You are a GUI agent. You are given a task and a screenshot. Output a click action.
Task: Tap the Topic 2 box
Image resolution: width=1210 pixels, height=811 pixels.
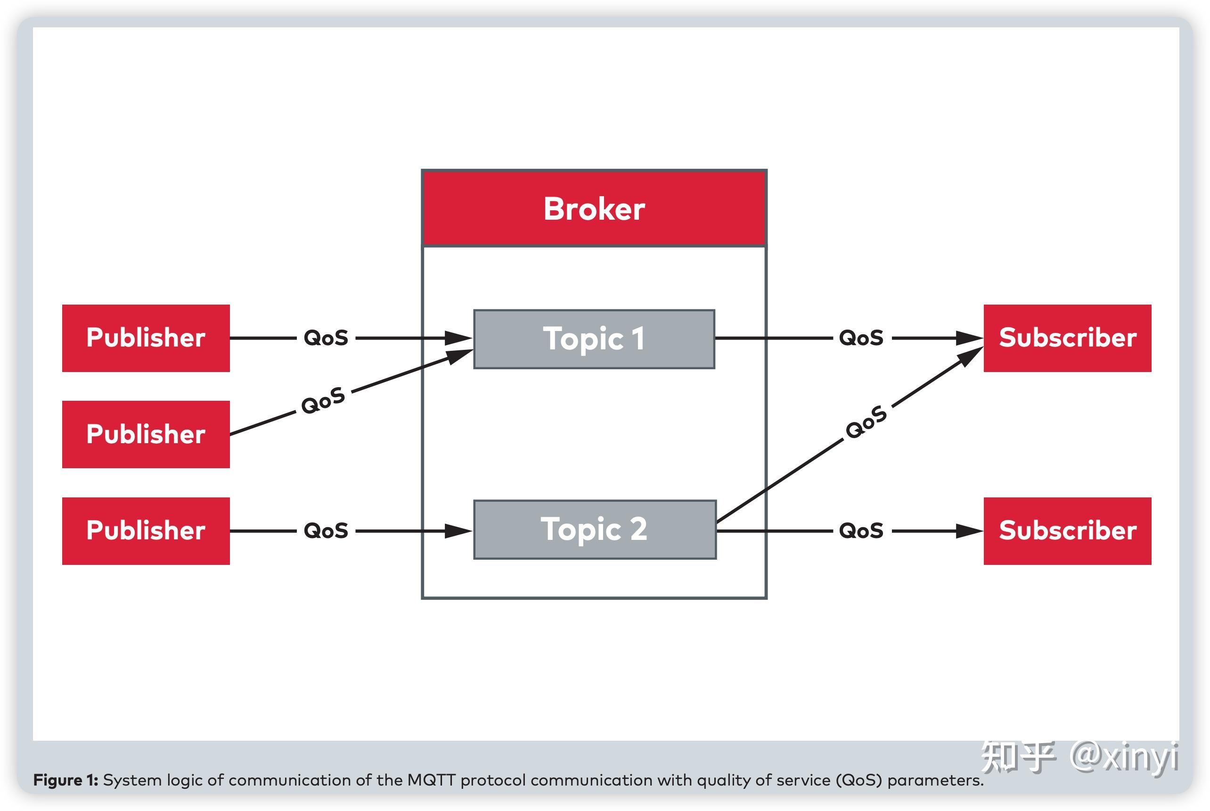(595, 529)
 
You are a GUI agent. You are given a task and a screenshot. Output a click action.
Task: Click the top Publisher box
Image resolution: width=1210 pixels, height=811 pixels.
(146, 338)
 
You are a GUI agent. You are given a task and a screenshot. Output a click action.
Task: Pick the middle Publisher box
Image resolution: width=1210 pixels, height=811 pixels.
(146, 434)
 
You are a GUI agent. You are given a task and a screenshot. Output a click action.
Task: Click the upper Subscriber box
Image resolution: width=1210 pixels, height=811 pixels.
(1067, 338)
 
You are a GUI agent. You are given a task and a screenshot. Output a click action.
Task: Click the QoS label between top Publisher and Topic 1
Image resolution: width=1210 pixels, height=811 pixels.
(326, 338)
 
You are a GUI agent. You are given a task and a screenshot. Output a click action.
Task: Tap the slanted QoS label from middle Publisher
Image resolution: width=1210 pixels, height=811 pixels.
(323, 401)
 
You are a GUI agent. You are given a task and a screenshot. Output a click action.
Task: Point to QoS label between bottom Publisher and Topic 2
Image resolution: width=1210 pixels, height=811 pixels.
(326, 530)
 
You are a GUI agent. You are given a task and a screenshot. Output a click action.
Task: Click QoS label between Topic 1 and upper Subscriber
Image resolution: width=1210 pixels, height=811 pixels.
(861, 338)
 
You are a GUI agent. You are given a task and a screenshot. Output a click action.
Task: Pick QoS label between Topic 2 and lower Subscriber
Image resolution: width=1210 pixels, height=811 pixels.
(861, 530)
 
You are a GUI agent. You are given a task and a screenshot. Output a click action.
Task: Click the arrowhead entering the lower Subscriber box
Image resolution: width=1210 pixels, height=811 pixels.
(970, 530)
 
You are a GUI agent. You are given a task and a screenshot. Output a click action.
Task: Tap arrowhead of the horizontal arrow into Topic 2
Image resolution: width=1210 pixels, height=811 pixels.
(458, 530)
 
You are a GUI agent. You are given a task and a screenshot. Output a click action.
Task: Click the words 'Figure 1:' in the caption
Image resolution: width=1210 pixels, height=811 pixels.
(65, 780)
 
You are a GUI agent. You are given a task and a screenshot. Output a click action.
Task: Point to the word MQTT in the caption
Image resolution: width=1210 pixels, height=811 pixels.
(431, 780)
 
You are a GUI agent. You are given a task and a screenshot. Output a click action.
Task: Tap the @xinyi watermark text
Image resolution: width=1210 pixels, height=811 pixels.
(1124, 757)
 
